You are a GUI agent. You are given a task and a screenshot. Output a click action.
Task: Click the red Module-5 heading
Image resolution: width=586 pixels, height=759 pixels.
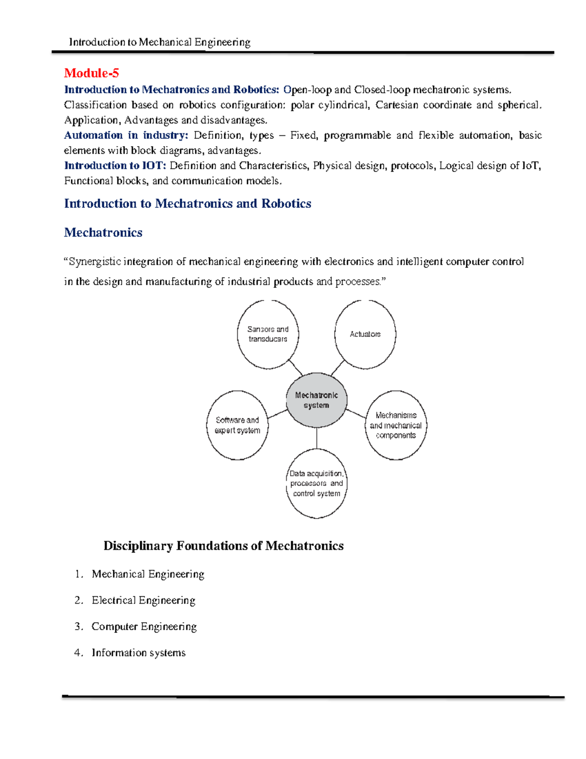click(x=91, y=73)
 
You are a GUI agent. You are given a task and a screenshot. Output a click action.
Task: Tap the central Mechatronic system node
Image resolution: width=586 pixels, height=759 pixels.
click(x=316, y=400)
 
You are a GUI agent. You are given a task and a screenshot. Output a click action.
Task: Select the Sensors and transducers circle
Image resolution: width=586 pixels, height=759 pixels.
click(x=268, y=334)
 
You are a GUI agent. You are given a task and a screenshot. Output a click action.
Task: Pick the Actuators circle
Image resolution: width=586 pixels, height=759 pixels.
click(x=365, y=334)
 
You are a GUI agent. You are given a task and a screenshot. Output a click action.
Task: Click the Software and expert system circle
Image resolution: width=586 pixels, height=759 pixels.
click(x=237, y=425)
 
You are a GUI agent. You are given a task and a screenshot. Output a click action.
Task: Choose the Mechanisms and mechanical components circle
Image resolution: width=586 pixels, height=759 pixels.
click(x=396, y=425)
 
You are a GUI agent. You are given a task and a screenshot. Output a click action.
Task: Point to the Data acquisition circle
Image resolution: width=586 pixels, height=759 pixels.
click(x=316, y=483)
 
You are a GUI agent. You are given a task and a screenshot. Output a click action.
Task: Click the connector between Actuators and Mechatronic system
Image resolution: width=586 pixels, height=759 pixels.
click(x=338, y=368)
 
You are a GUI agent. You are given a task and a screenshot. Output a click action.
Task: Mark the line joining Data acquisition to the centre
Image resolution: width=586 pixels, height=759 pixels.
click(x=316, y=438)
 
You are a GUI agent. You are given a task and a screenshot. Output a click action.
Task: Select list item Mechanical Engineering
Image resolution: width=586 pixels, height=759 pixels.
click(x=147, y=574)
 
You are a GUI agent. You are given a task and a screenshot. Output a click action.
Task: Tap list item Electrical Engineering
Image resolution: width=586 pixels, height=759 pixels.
click(x=143, y=601)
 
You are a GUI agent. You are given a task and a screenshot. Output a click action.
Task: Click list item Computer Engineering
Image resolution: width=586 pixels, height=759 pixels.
click(x=144, y=627)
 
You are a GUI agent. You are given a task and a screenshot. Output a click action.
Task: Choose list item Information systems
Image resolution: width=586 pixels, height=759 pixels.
click(x=139, y=653)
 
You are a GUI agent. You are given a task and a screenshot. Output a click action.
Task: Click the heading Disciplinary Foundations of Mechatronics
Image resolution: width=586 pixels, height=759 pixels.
click(x=223, y=546)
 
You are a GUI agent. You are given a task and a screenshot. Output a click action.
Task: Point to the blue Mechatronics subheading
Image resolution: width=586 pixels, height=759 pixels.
click(x=103, y=233)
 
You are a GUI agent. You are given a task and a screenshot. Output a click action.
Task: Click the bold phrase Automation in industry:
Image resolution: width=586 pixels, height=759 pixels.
click(x=126, y=135)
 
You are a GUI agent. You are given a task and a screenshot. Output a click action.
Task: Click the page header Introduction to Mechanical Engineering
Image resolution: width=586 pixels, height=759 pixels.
click(x=160, y=43)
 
